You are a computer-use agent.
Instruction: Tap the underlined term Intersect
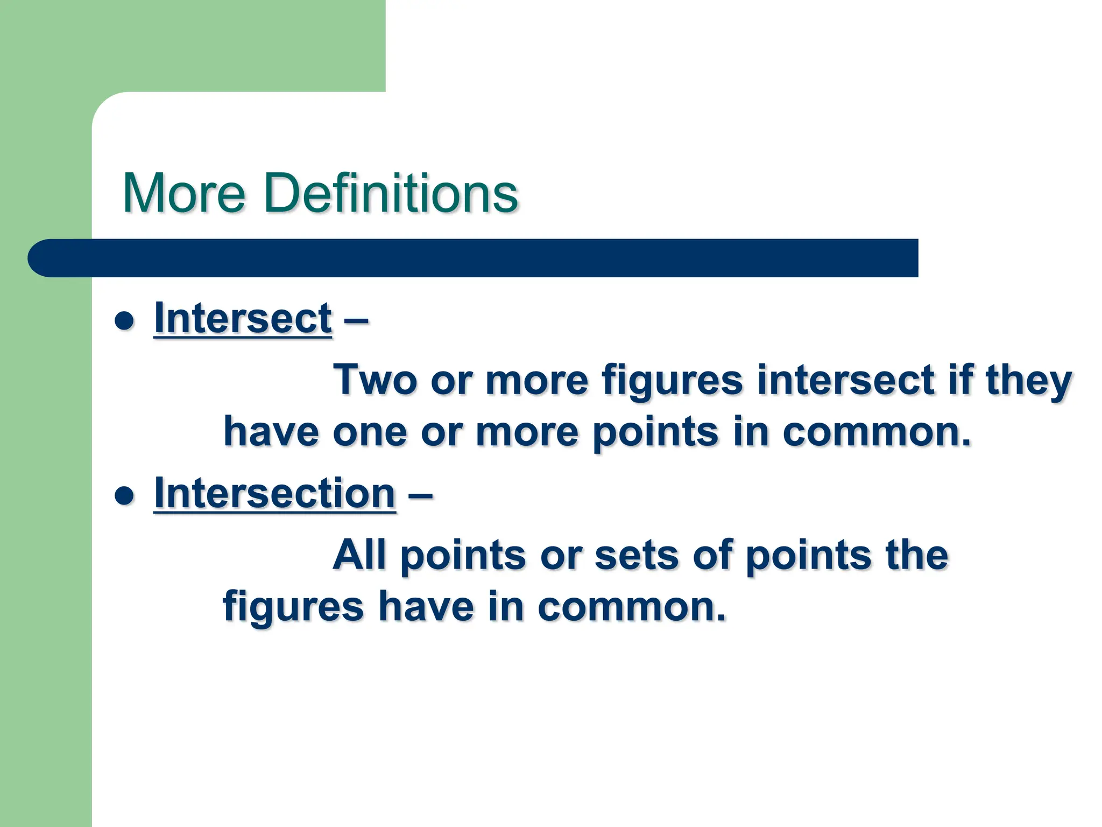coord(243,319)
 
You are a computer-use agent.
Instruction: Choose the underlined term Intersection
coord(275,494)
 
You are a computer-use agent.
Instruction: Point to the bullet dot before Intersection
coord(124,496)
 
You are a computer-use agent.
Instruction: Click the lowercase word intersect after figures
coord(845,380)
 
